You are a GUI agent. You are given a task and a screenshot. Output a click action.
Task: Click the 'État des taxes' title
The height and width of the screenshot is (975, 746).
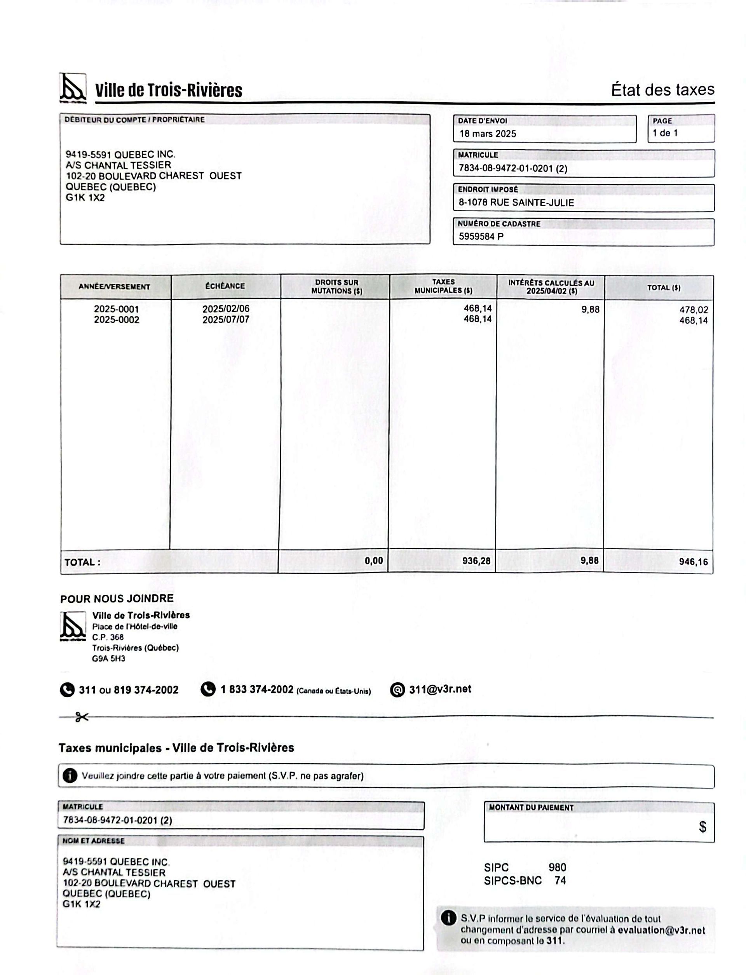pyautogui.click(x=662, y=90)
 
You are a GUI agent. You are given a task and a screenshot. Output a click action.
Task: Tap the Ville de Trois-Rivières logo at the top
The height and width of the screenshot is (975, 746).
pyautogui.click(x=73, y=87)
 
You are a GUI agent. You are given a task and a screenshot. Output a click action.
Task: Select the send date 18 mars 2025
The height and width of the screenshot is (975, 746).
pyautogui.click(x=488, y=134)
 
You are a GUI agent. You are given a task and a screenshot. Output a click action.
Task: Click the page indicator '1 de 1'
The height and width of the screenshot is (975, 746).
pyautogui.click(x=665, y=133)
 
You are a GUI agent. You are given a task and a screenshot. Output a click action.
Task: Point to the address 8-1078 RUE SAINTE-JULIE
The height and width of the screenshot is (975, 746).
pyautogui.click(x=516, y=202)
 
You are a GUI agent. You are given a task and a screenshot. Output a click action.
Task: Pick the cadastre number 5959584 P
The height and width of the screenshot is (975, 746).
pyautogui.click(x=481, y=236)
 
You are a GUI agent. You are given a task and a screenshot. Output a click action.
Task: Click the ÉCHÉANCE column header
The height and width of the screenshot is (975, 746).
pyautogui.click(x=225, y=286)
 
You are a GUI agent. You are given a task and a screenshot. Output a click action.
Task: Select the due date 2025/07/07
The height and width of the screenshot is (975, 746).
pyautogui.click(x=226, y=320)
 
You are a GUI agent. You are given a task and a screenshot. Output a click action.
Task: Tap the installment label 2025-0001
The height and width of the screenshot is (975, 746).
pyautogui.click(x=116, y=309)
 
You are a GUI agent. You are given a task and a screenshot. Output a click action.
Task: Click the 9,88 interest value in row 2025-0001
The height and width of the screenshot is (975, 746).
pyautogui.click(x=590, y=310)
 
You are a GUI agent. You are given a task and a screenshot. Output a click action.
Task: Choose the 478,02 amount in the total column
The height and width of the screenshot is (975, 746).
pyautogui.click(x=694, y=310)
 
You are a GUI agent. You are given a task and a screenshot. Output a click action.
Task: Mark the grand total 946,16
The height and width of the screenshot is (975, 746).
pyautogui.click(x=693, y=562)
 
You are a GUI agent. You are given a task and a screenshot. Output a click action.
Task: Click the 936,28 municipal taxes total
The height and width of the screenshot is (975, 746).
pyautogui.click(x=476, y=561)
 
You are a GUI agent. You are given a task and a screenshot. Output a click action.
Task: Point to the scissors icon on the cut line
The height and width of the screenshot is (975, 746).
pyautogui.click(x=81, y=717)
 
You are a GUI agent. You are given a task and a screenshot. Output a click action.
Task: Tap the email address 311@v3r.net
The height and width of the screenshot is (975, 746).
pyautogui.click(x=439, y=689)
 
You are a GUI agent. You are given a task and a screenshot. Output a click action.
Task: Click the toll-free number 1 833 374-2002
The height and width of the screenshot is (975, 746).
pyautogui.click(x=257, y=689)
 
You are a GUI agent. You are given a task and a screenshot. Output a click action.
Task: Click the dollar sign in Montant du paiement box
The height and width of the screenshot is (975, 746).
pyautogui.click(x=702, y=827)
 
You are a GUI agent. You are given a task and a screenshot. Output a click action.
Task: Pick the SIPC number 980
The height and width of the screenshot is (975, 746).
pyautogui.click(x=557, y=867)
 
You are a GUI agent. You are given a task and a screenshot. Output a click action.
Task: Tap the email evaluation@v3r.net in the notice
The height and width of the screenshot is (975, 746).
pyautogui.click(x=661, y=930)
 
